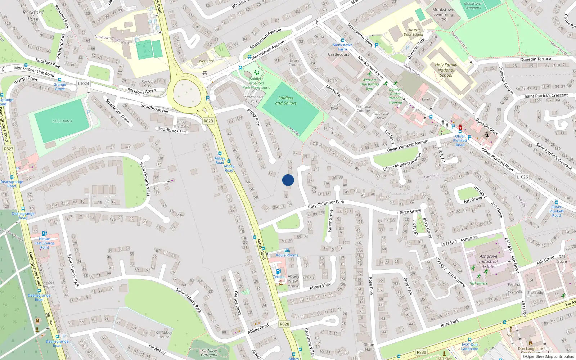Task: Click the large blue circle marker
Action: (288, 180)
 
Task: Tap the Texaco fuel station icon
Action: (278, 271)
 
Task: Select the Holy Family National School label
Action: (446, 70)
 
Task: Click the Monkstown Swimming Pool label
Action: (443, 14)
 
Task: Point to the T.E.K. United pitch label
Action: (62, 121)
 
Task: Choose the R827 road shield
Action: (9, 149)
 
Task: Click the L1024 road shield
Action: (83, 84)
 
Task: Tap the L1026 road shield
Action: (522, 177)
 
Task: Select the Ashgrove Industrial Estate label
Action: (489, 261)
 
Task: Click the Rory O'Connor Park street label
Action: (326, 204)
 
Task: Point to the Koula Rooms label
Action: (287, 255)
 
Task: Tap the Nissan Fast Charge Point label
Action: (45, 243)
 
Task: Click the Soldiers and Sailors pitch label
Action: (286, 100)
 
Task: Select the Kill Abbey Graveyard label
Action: (209, 352)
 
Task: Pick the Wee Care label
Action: (206, 61)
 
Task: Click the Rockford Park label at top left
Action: (33, 15)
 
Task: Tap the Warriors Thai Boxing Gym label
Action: (369, 84)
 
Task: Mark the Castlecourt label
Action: (338, 55)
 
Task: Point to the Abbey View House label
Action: (293, 281)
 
